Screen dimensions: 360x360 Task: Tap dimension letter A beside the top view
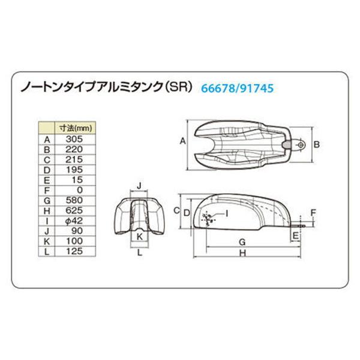tap(182, 142)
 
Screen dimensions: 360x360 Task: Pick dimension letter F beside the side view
tap(313, 212)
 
